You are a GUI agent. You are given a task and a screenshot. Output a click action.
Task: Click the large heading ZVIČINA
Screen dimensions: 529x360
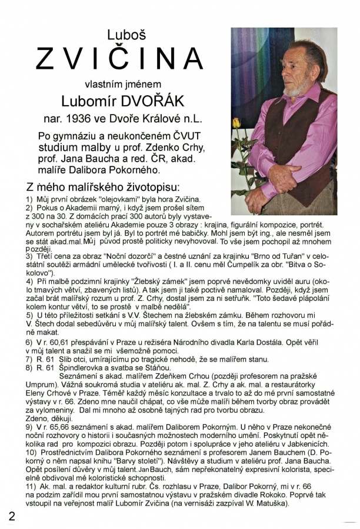[119, 58]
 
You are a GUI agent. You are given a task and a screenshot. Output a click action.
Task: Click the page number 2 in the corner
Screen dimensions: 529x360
[12, 516]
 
